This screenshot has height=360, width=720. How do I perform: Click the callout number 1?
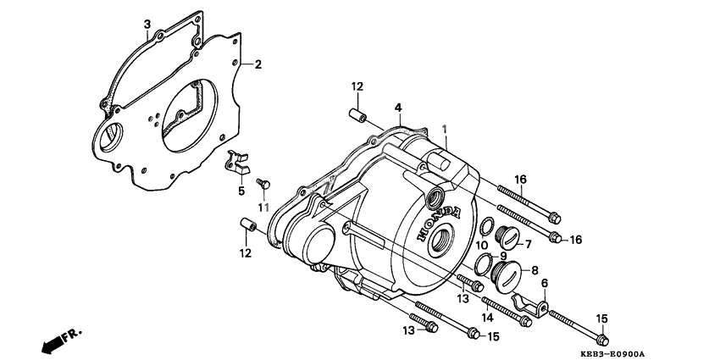445,127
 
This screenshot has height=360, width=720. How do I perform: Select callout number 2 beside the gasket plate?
258,64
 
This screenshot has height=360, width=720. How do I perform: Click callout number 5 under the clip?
241,191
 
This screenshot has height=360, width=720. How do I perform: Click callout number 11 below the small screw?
480,246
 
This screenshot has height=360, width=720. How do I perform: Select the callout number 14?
263,208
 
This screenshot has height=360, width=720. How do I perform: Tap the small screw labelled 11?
263,183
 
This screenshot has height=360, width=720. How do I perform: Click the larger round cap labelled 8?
514,273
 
